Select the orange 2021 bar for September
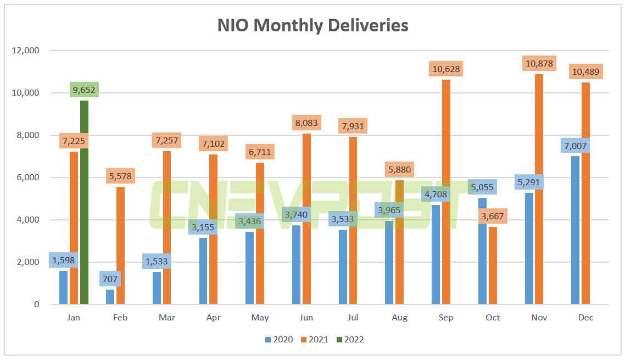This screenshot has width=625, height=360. click(x=446, y=192)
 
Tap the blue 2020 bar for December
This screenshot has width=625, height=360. click(x=576, y=231)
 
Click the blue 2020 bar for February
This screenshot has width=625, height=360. click(x=110, y=297)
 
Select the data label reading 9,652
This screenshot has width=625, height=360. click(x=85, y=90)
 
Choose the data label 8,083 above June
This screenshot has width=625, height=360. click(x=306, y=123)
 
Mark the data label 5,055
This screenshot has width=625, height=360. click(x=483, y=187)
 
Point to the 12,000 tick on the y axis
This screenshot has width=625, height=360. click(x=25, y=51)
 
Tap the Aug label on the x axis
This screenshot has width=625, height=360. click(x=399, y=318)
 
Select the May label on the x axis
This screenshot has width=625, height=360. click(x=260, y=318)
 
